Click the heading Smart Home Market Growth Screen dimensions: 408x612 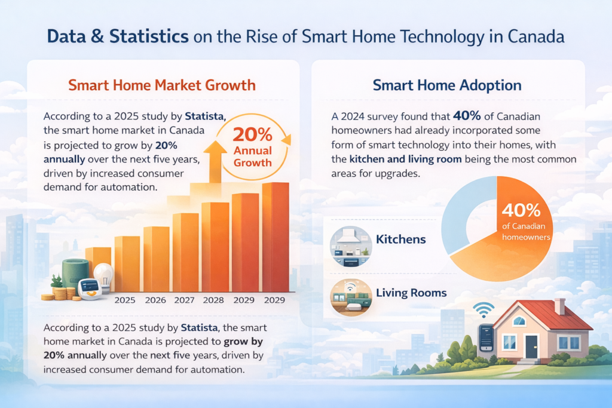coord(162,85)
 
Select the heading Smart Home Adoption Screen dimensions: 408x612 coord(447,85)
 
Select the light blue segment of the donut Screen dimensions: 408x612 coord(463,209)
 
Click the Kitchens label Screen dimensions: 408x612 coord(400,240)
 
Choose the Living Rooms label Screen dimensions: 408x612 coord(411,293)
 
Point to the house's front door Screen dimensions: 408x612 coord(531,346)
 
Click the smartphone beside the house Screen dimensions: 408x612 coord(486,338)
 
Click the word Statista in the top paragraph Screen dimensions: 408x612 coord(205,115)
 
